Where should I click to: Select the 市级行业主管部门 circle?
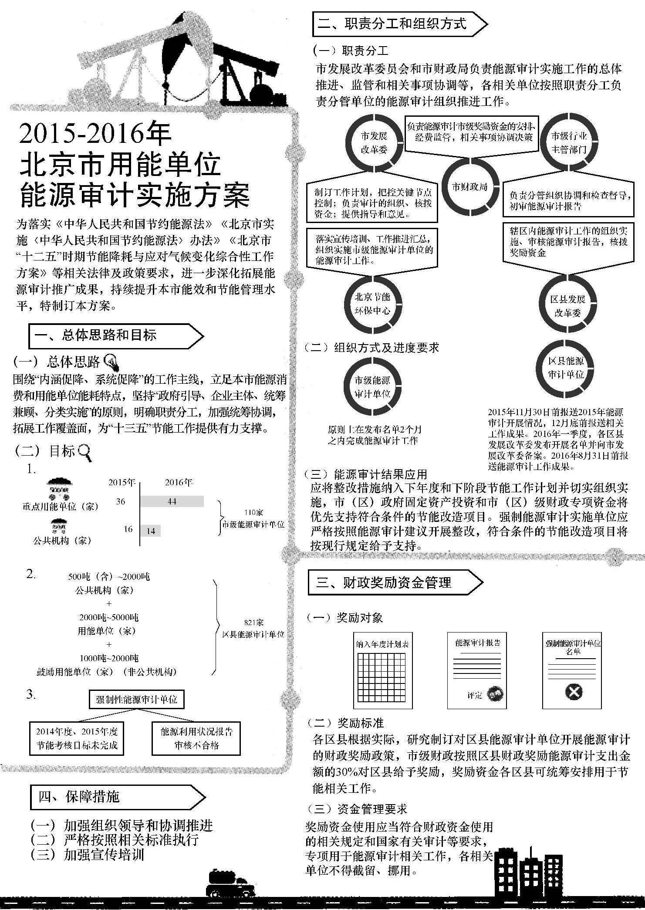569,142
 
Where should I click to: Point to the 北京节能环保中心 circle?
373,304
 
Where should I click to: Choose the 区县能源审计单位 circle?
566,368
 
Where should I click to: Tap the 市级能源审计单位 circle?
372,387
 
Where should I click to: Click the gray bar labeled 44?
172,501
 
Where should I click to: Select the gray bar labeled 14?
150,531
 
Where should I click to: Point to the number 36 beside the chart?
121,501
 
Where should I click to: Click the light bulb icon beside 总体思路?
112,361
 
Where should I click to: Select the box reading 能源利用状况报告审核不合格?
196,738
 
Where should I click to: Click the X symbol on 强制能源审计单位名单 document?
574,692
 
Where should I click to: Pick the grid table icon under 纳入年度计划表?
382,676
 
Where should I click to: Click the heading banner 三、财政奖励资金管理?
395,582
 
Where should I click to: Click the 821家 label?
253,622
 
